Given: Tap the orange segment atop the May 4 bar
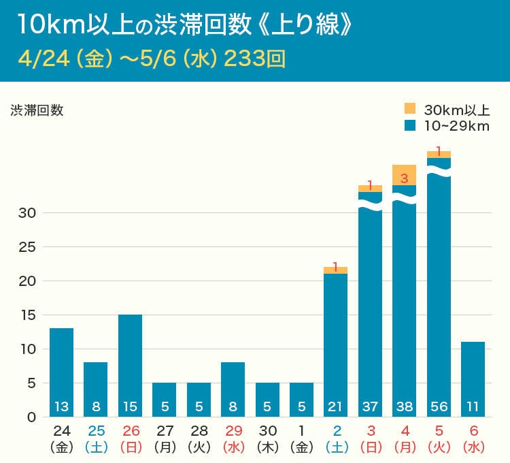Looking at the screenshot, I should (x=404, y=175).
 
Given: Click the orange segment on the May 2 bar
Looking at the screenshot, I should (x=335, y=270).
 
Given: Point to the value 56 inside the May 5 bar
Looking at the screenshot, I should (x=439, y=407).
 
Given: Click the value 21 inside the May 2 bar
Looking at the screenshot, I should (x=335, y=407).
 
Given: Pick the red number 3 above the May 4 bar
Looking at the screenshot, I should (x=404, y=179).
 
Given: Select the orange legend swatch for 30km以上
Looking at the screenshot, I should (x=409, y=109).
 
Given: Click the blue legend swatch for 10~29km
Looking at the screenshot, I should (x=409, y=125).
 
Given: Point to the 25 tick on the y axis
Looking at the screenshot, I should (x=27, y=246).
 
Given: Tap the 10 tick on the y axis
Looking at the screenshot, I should (x=27, y=349).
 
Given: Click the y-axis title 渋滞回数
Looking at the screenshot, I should (x=37, y=110).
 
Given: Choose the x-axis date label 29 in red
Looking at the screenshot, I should (x=233, y=431).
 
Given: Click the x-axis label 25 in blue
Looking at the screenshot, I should (x=95, y=431).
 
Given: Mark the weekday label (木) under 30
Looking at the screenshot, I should (x=267, y=447).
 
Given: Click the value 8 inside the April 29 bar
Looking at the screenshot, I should (x=233, y=407).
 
